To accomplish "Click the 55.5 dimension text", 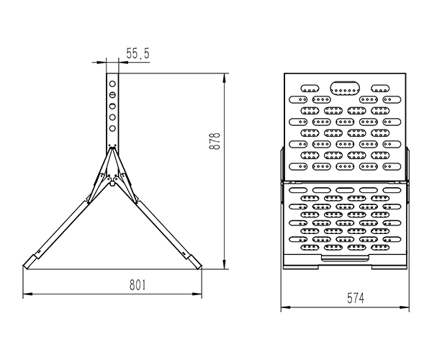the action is (x=138, y=53).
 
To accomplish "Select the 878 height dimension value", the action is (x=215, y=141).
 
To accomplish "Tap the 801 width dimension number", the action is (x=138, y=285).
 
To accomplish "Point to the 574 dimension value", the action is (x=356, y=298).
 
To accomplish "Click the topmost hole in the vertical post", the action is (x=112, y=84).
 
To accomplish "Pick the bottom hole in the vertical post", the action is (x=112, y=128).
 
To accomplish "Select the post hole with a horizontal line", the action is (x=112, y=95).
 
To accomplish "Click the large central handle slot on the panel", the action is (x=345, y=88).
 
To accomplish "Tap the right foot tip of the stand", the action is (x=200, y=267).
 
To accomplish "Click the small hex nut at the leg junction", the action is (x=112, y=182).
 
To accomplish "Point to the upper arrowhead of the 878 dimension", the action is (x=225, y=78).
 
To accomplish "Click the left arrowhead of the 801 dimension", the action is (x=27, y=294).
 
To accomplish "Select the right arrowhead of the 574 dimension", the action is (x=404, y=307).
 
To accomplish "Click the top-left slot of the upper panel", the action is (x=310, y=89).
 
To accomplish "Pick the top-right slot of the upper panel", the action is (x=380, y=89).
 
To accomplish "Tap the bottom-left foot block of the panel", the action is (x=301, y=267).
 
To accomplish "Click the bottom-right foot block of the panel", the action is (x=389, y=267).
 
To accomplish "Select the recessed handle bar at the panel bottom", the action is (x=345, y=258).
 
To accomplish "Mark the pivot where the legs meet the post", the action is (x=112, y=149).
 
